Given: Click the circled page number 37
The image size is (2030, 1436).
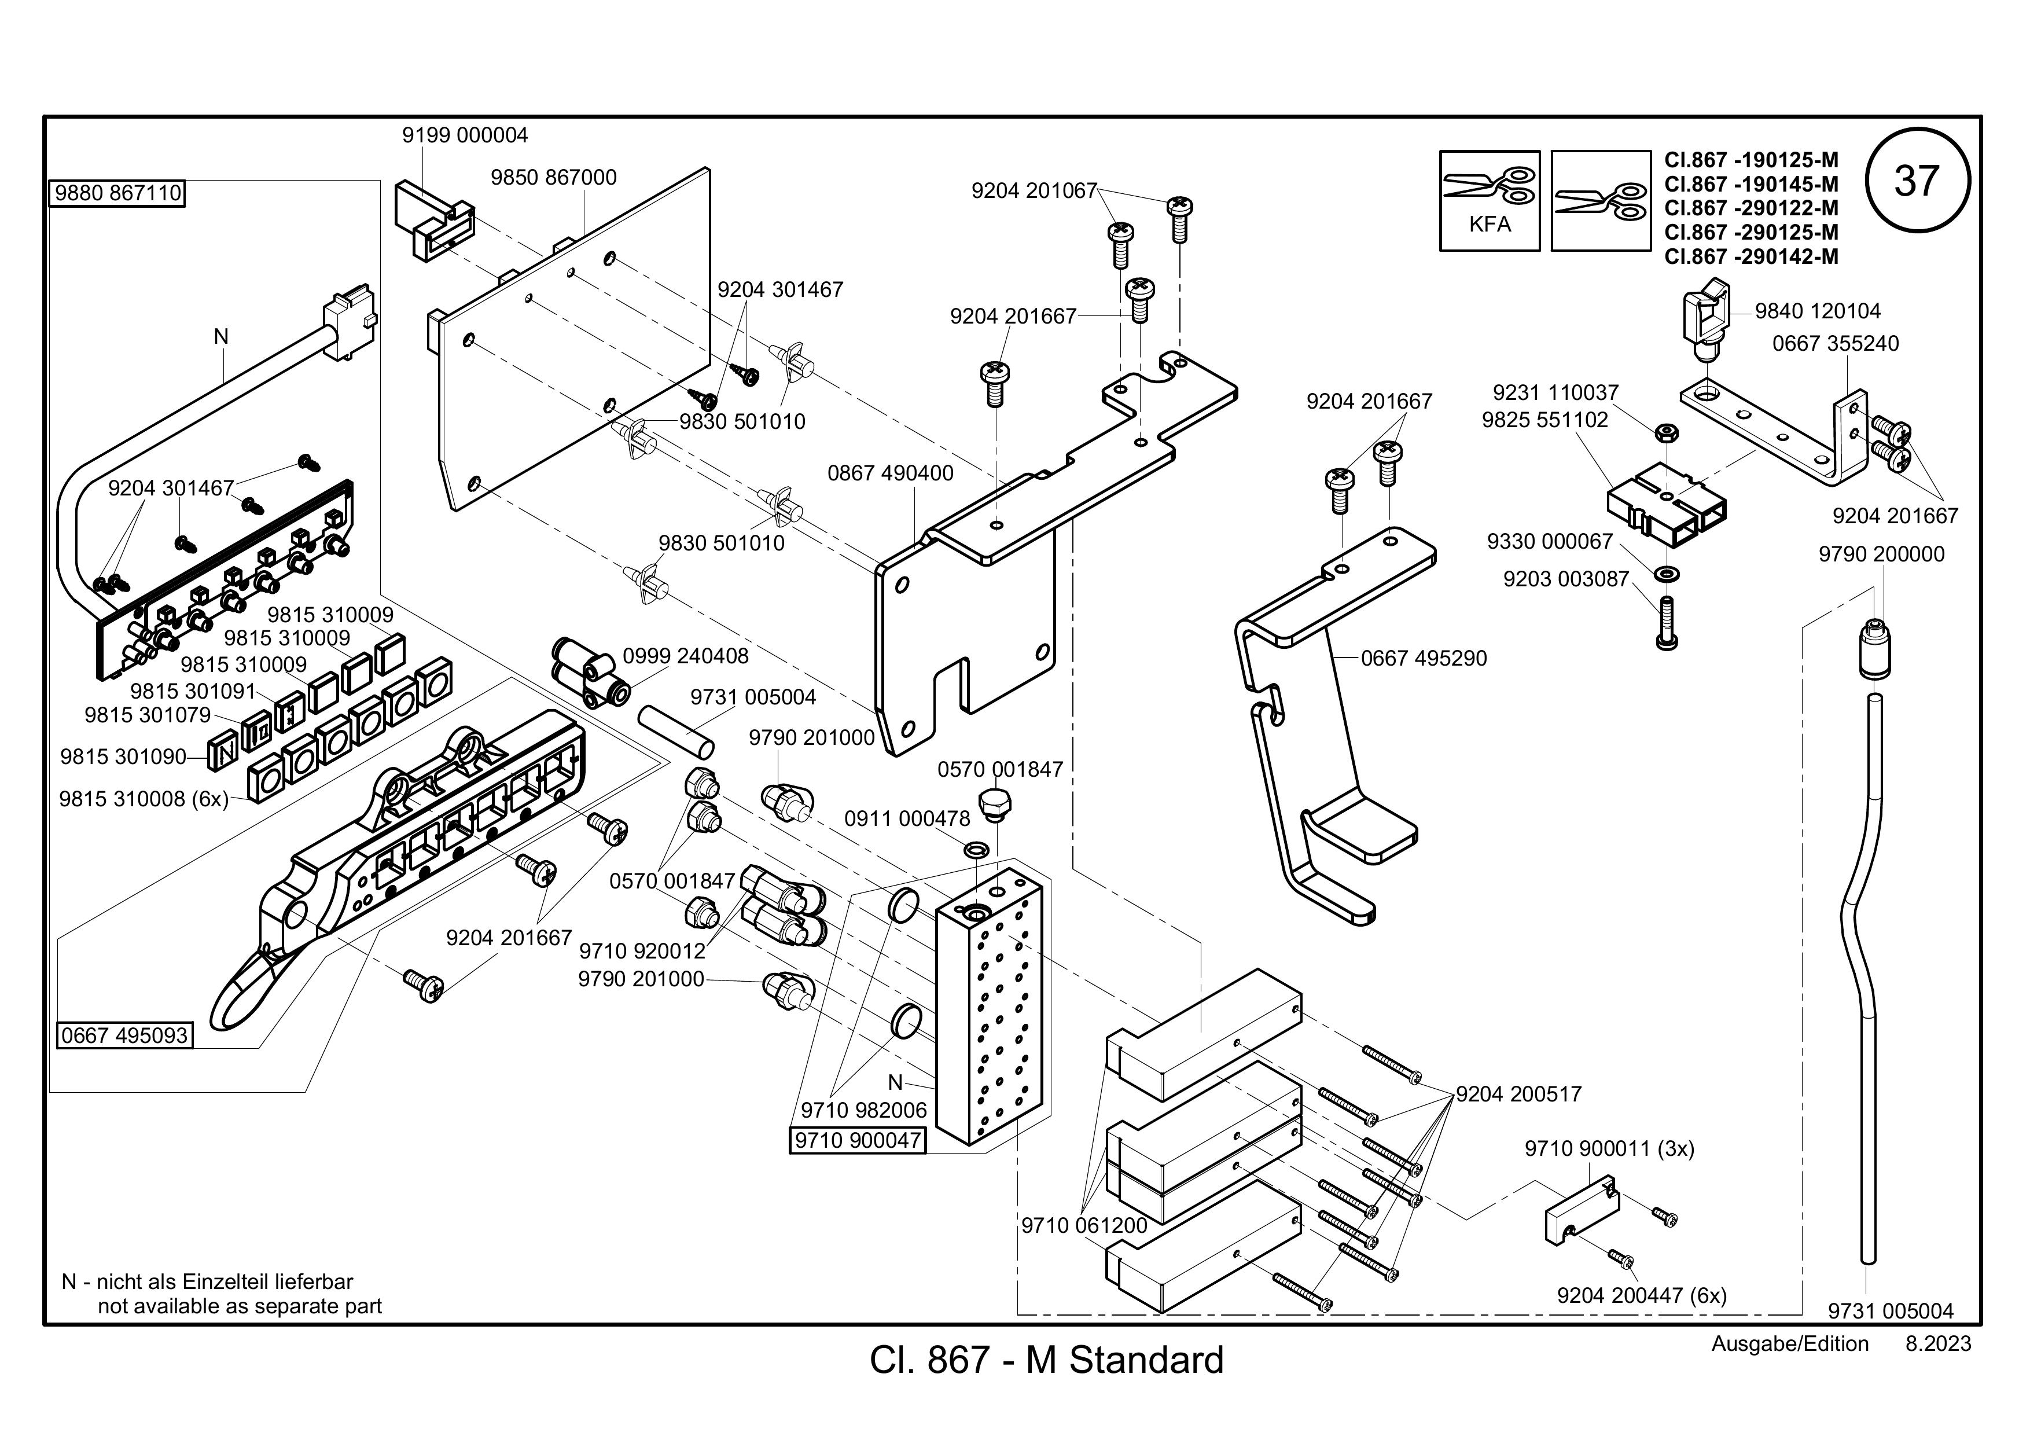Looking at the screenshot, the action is pos(1917,181).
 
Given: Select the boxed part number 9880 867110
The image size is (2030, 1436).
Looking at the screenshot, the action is pos(117,193).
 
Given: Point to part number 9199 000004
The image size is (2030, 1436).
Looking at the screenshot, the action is pos(465,135).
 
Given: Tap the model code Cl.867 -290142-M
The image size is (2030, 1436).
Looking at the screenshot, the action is pos(1752,256).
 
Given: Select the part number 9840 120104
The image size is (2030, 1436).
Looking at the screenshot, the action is pos(1818,311).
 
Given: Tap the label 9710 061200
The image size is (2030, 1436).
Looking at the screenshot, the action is pos(1084,1225).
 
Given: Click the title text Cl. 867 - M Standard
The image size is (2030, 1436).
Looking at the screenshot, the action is pos(1047,1360).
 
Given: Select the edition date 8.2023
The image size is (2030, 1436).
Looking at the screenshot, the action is pos(1938,1344).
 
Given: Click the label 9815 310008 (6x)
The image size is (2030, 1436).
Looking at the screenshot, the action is pos(144,799).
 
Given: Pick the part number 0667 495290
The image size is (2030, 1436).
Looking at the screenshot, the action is pos(1424,659).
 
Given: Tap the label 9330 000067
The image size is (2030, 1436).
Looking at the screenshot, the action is pos(1550,541).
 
